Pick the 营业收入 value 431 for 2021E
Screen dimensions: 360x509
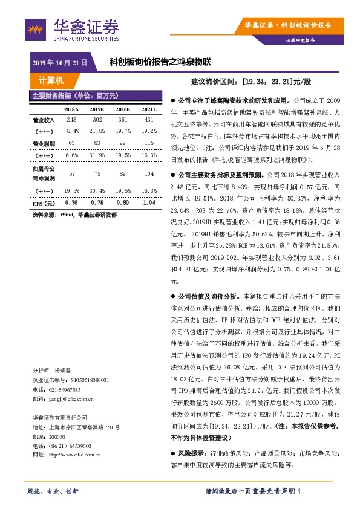coord(148,120)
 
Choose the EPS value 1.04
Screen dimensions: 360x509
coord(148,203)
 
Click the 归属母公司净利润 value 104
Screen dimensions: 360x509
coord(148,173)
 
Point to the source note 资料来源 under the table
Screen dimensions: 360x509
coord(74,215)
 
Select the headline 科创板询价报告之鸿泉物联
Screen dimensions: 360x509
coord(160,62)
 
